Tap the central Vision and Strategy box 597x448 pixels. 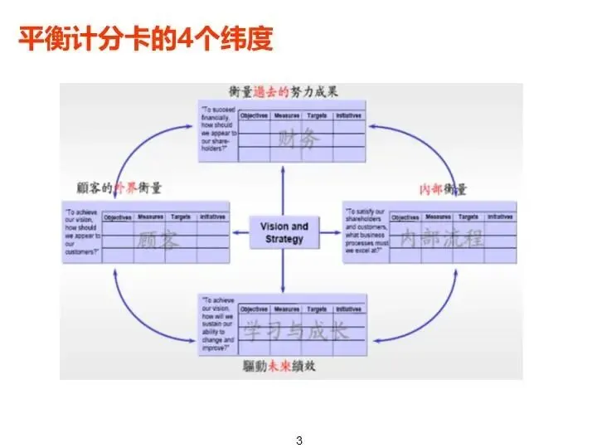[x=284, y=232]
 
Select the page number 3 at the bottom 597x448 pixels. [x=299, y=440]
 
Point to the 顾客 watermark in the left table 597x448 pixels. [x=158, y=241]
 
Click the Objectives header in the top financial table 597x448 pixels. [x=254, y=116]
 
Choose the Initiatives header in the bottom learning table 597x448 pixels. [x=349, y=309]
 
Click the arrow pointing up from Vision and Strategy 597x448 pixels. [x=284, y=187]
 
